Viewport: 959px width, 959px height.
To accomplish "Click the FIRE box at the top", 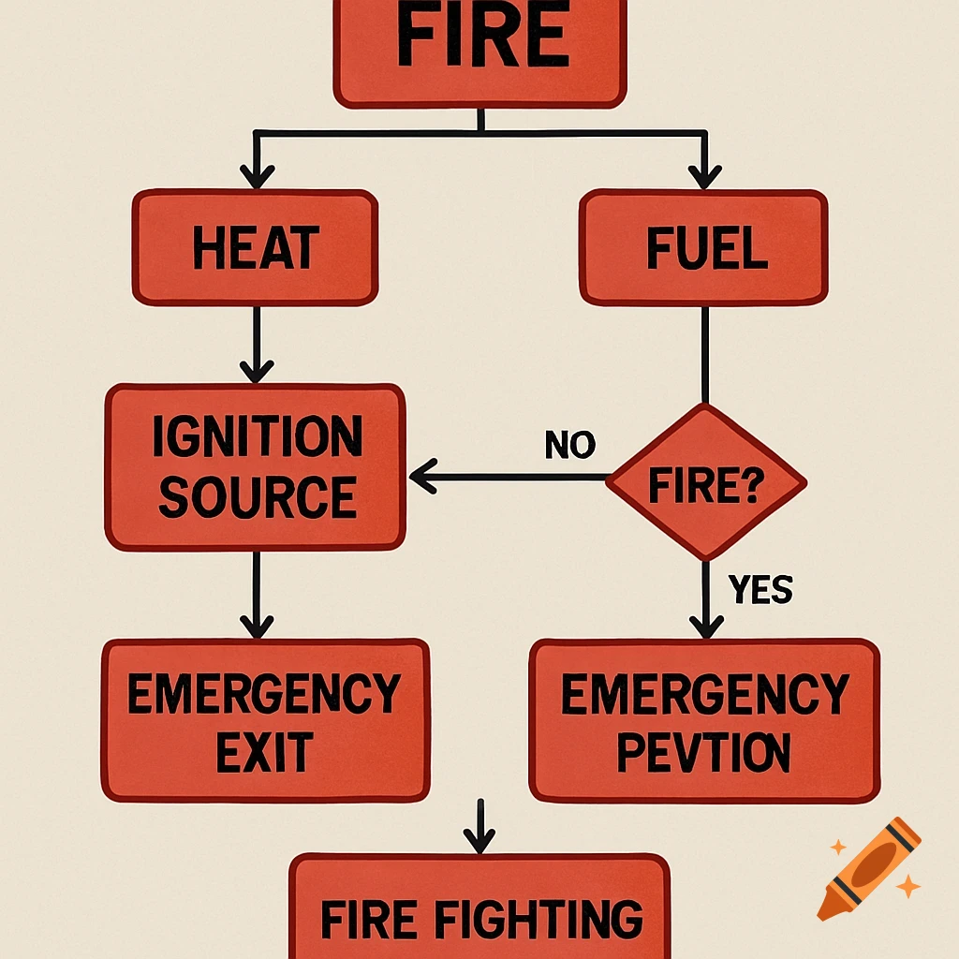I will tap(479, 47).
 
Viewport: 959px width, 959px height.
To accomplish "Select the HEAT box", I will tap(255, 248).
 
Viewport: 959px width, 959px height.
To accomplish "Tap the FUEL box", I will tap(703, 248).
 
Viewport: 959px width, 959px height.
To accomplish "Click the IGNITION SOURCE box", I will tap(256, 466).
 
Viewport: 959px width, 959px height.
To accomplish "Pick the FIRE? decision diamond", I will tap(705, 483).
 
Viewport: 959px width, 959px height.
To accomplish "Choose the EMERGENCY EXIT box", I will tap(265, 720).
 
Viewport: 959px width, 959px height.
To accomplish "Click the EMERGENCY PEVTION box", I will tap(704, 720).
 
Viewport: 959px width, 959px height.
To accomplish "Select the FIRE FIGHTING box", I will tap(479, 913).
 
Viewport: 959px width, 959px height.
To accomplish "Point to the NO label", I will tap(569, 446).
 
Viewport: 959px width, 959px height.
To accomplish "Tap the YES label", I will tap(760, 590).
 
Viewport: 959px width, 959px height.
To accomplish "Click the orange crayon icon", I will tap(868, 867).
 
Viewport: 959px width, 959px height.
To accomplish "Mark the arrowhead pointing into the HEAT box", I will tap(257, 176).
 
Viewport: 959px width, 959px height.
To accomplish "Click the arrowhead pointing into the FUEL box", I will tap(704, 176).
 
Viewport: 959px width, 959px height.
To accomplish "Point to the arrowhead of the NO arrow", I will tap(423, 478).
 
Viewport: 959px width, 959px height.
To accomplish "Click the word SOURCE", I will tap(257, 497).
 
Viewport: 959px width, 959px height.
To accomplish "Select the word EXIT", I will tap(265, 752).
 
